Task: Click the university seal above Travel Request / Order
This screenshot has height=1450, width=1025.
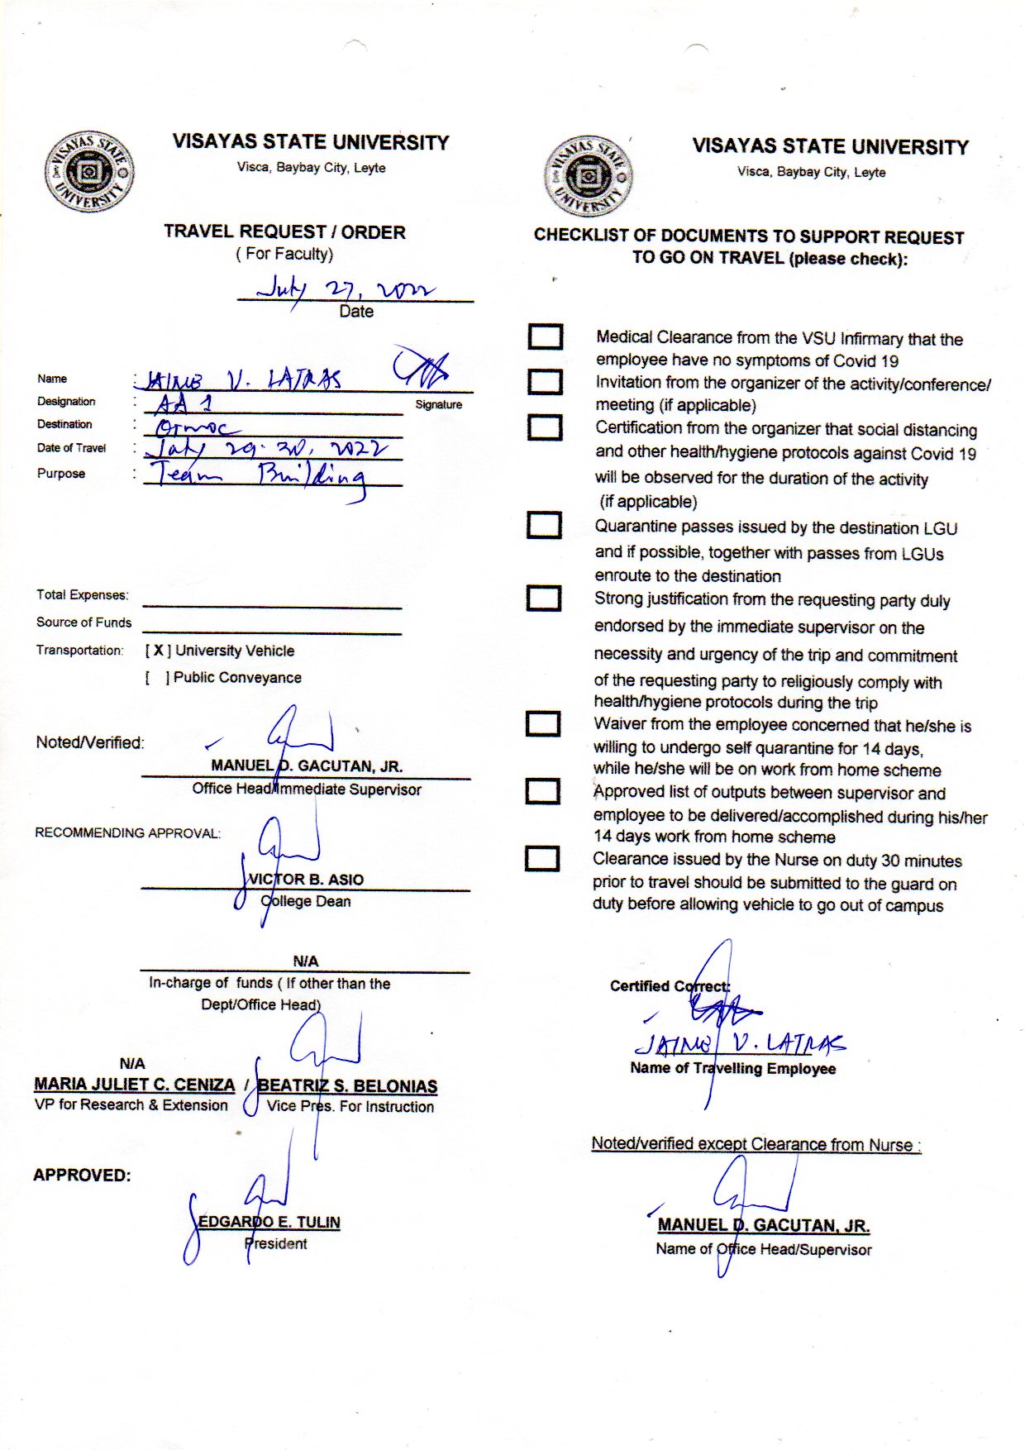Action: [x=88, y=172]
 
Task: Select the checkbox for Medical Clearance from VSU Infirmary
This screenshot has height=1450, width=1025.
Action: [x=546, y=336]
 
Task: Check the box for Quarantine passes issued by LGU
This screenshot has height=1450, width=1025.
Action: [x=544, y=525]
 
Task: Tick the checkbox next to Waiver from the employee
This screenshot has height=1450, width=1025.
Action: [x=543, y=723]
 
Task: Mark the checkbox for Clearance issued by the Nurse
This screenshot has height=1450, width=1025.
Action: [x=542, y=858]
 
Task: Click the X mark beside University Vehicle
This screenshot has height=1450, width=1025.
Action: [x=158, y=651]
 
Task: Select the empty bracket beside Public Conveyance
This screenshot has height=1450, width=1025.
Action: [x=158, y=678]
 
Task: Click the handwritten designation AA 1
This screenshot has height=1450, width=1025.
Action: [x=184, y=404]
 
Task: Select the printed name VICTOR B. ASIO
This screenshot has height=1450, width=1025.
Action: [x=306, y=880]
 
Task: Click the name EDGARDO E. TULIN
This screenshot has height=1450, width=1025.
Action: [x=269, y=1222]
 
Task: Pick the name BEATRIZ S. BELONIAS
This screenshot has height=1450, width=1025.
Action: [x=347, y=1086]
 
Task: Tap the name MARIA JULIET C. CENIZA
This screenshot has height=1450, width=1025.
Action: [x=135, y=1084]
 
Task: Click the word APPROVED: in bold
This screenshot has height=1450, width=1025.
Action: [x=82, y=1175]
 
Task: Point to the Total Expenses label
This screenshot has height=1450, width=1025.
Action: [x=83, y=595]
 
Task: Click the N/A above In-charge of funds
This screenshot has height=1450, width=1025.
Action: [x=305, y=961]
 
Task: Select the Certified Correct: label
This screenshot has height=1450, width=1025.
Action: [x=670, y=986]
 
